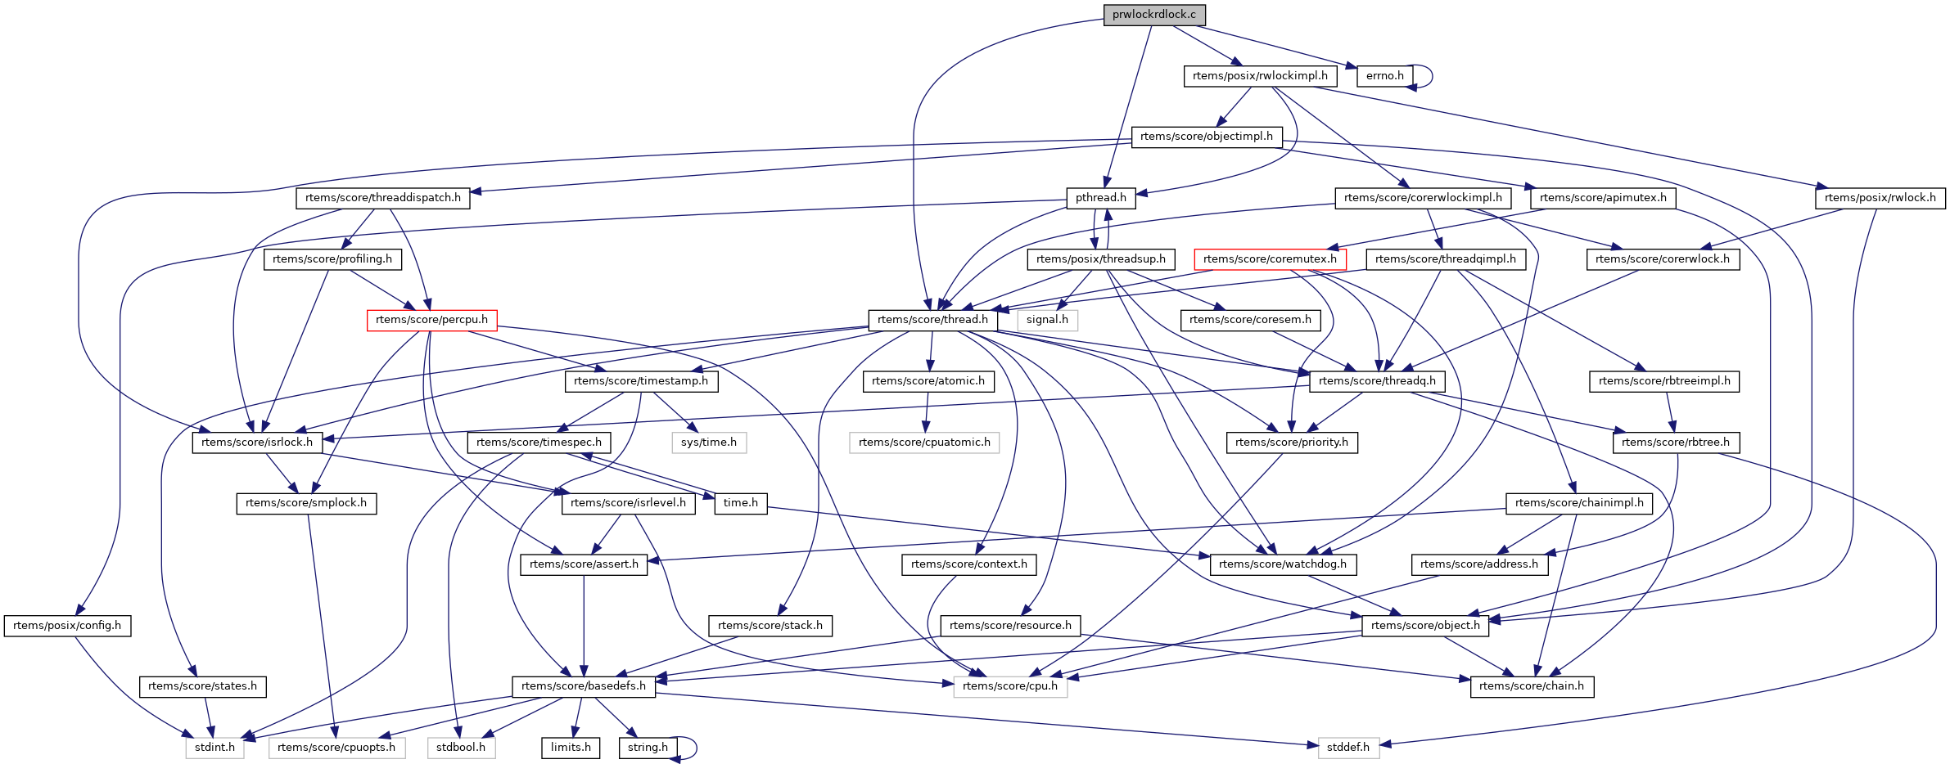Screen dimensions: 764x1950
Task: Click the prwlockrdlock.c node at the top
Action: coord(1153,15)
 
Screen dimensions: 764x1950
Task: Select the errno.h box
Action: coord(1384,76)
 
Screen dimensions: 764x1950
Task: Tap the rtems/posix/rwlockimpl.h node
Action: coord(1260,76)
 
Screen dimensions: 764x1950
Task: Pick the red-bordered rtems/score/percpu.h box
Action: coord(431,320)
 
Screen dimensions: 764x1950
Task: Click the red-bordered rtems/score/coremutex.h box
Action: coord(1270,259)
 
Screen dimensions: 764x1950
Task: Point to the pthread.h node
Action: coord(1100,198)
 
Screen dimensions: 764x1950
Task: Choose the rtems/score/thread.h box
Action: coord(932,320)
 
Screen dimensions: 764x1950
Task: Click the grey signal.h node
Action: coord(1047,320)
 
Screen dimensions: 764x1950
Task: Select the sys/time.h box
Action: coord(709,443)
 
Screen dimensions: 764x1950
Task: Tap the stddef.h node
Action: coord(1348,748)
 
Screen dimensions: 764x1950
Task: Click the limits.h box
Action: coord(571,748)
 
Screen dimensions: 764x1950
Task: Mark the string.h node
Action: coord(648,748)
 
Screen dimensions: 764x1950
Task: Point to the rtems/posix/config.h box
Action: coord(67,626)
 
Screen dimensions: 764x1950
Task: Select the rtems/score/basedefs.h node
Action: coord(583,686)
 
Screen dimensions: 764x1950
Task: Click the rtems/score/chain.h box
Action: coord(1531,686)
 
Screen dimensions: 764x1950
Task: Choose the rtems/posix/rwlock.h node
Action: coord(1880,198)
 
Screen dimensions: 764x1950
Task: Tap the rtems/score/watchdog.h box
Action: coord(1282,564)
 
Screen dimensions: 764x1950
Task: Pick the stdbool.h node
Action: coord(461,748)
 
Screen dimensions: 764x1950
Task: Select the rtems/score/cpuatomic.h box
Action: coord(924,443)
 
